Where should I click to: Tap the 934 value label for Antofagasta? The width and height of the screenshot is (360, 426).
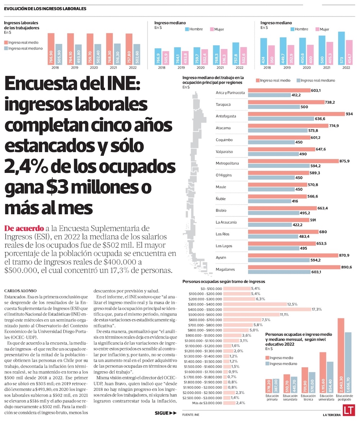[x=349, y=114]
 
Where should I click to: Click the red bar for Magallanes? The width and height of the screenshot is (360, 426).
[x=294, y=267]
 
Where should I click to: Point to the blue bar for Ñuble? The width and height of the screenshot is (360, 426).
[x=270, y=201]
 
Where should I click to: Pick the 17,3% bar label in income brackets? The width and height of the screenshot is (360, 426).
[x=317, y=309]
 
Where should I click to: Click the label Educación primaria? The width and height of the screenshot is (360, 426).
[x=273, y=398]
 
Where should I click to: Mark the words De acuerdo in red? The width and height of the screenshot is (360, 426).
[x=24, y=228]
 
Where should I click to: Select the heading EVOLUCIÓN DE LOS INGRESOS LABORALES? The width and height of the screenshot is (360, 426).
[x=45, y=9]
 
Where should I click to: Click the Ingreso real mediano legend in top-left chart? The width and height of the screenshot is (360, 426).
[x=25, y=48]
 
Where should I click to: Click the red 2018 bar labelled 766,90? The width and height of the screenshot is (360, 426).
[x=51, y=48]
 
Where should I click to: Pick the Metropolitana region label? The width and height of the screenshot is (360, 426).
[x=228, y=163]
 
